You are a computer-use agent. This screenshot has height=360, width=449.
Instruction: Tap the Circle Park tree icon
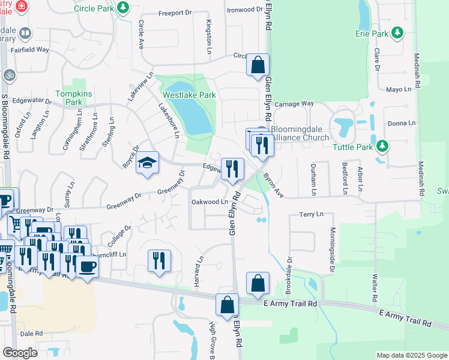(123, 8)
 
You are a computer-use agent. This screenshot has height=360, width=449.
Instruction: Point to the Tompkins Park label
(68, 98)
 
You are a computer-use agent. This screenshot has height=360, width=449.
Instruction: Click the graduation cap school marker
(147, 163)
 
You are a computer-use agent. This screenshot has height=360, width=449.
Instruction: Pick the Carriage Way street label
(295, 103)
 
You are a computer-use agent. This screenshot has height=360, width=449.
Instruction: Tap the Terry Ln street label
(311, 214)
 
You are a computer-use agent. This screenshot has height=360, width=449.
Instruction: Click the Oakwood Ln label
(209, 202)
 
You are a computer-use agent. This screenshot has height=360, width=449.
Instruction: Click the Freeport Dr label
(174, 13)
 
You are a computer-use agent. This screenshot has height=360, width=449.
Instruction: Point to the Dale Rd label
(31, 333)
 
